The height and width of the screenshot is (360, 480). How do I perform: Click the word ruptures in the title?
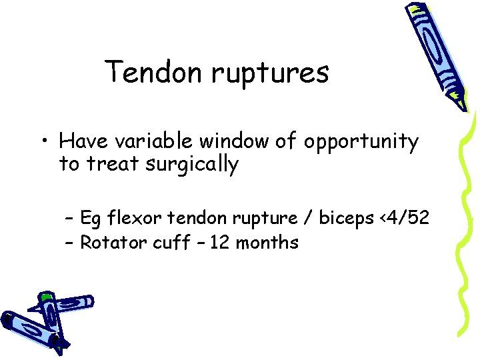coord(270,73)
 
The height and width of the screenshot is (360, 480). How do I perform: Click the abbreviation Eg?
coord(90,219)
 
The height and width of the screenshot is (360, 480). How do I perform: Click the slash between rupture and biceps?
coord(307,218)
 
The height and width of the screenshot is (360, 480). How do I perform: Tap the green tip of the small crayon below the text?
coord(45,295)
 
